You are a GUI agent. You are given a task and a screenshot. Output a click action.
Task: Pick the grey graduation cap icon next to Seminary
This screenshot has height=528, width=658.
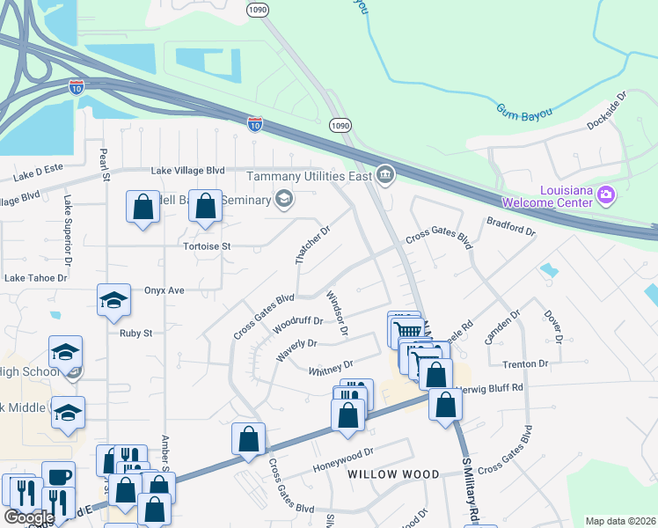pyautogui.click(x=283, y=201)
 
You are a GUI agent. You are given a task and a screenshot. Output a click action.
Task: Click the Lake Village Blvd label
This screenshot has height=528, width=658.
pyautogui.click(x=188, y=170)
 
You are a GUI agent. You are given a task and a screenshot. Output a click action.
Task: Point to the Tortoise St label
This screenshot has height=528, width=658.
pyautogui.click(x=207, y=246)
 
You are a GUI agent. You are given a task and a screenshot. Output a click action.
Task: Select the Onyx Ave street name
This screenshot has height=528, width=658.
pyautogui.click(x=164, y=290)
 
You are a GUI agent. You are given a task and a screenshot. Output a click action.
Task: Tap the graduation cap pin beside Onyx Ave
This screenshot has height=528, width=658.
pyautogui.click(x=112, y=301)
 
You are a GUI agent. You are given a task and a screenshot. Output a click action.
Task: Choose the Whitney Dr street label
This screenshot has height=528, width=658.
pyautogui.click(x=331, y=368)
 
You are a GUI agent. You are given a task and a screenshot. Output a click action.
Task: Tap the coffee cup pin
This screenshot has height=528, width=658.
pyautogui.click(x=58, y=476)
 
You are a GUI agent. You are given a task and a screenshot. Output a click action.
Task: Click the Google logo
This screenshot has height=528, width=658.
pyautogui.click(x=29, y=517)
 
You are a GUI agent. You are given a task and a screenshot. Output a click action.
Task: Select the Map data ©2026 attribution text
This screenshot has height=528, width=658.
pyautogui.click(x=619, y=521)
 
